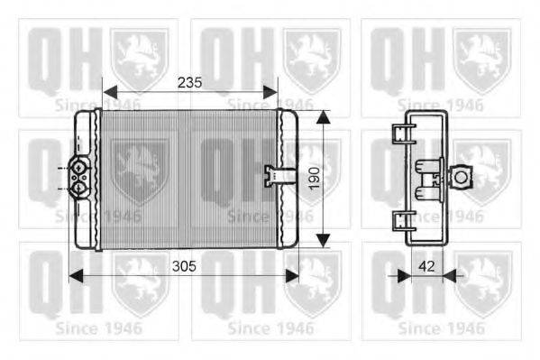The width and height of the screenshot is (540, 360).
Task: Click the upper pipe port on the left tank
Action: tap(78, 167)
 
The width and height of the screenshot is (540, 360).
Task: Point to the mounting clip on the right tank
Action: tap(273, 173)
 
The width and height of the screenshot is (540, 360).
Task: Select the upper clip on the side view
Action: tap(402, 134)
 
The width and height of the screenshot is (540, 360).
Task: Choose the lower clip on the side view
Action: tap(402, 219)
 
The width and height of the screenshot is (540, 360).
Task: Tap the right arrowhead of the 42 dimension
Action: tap(451, 273)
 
